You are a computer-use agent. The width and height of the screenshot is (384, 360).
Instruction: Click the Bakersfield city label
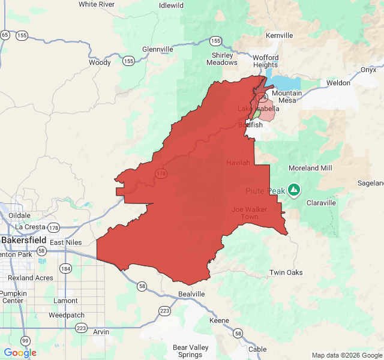point(24,240)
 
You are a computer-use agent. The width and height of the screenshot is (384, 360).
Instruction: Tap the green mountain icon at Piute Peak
point(293,191)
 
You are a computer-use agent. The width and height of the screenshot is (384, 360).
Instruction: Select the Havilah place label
point(238,163)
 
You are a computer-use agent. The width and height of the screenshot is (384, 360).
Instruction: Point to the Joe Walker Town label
point(245,213)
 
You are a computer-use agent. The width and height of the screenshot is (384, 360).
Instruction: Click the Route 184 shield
point(65,268)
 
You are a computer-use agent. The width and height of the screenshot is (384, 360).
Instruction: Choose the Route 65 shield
point(5,35)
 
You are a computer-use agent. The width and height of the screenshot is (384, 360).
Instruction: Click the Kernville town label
point(279,35)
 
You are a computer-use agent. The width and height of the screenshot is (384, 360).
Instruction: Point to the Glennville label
point(158,49)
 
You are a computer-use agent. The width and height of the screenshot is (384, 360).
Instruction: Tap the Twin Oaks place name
point(286,272)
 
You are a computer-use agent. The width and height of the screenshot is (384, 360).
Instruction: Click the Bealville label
point(191,294)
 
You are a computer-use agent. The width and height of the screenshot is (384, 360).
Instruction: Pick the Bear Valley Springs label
point(191,351)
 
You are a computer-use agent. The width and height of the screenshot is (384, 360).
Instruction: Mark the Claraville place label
point(322,203)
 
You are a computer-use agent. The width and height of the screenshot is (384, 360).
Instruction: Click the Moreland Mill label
point(310,168)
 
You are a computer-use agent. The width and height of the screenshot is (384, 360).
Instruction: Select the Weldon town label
point(338,83)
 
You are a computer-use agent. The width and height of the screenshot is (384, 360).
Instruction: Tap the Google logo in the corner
point(20,353)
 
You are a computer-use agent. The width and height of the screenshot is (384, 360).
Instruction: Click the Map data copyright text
point(346,355)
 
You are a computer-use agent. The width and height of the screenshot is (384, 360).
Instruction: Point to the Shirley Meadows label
point(221,58)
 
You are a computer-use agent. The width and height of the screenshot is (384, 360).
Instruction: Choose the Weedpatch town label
point(65,314)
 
